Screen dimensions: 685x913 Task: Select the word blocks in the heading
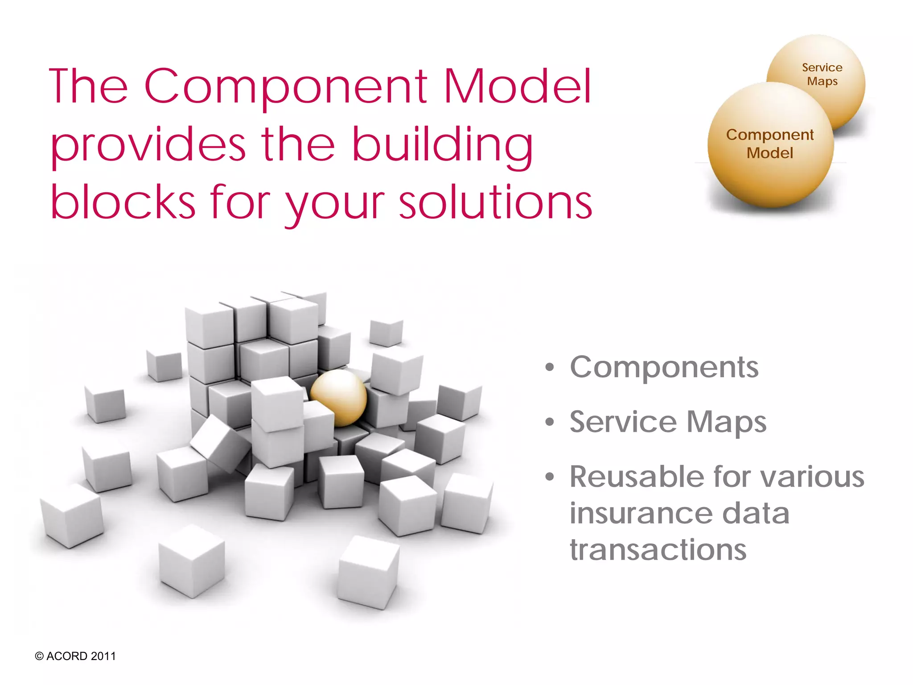123,203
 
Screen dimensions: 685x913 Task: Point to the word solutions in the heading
495,203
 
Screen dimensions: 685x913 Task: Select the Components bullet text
664,368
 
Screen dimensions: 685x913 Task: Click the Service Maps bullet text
668,422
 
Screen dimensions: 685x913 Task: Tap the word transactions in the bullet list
658,549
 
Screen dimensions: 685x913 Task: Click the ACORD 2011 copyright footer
75,656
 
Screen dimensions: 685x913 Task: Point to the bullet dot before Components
550,368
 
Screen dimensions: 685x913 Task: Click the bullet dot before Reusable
550,477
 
